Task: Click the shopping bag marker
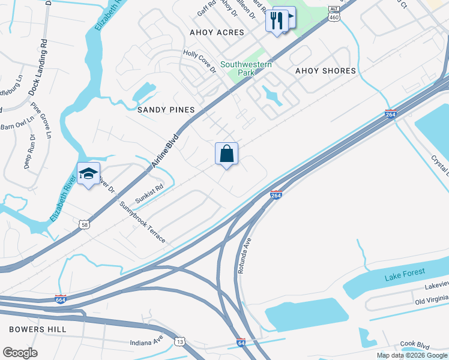(227, 154)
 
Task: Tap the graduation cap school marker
(88, 173)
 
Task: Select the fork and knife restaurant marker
(276, 20)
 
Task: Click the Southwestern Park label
(246, 68)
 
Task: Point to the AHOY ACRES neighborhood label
(217, 32)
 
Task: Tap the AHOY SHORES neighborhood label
(325, 71)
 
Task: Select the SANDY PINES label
(166, 110)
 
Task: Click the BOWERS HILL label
(38, 329)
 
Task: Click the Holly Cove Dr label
(199, 62)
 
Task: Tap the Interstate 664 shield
(60, 299)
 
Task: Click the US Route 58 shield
(84, 224)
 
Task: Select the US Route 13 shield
(180, 341)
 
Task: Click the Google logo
(20, 353)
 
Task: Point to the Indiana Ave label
(146, 342)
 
